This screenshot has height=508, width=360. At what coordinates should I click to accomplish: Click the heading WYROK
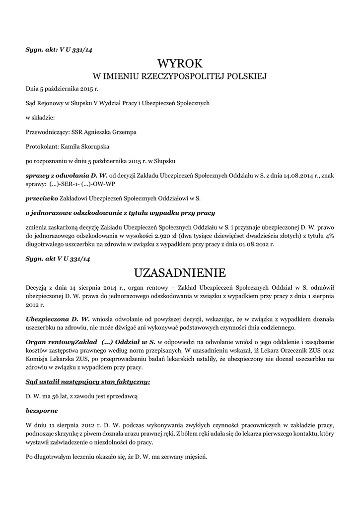(180, 63)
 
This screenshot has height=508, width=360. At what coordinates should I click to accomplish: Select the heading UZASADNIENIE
(180, 272)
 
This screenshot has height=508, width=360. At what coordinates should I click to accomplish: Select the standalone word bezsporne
(42, 411)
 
